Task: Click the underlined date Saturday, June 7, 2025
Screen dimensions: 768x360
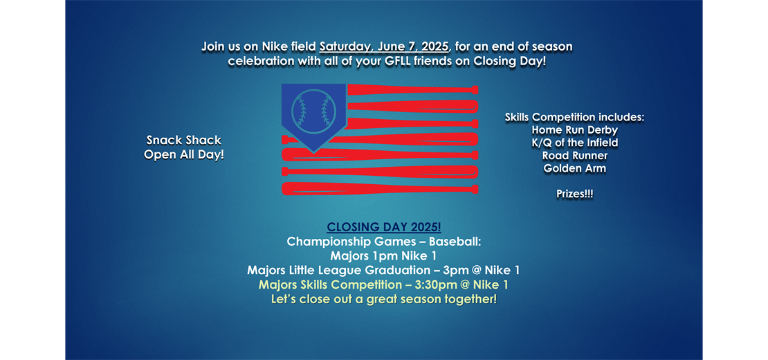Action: (384, 48)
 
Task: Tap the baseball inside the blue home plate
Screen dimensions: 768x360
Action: (313, 111)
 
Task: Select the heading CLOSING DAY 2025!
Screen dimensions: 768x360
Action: (384, 227)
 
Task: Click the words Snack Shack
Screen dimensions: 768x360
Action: (183, 141)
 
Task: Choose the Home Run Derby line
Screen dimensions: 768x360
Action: (574, 130)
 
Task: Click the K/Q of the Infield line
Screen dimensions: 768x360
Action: (574, 143)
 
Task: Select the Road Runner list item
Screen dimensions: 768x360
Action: (574, 156)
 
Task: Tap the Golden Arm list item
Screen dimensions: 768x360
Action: (574, 168)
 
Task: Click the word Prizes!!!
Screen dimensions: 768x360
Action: (574, 194)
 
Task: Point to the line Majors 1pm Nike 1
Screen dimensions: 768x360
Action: (384, 255)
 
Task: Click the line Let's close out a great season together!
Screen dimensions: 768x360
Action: (384, 299)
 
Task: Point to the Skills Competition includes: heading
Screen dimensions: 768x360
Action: (574, 118)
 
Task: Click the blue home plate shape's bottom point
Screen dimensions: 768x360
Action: (313, 152)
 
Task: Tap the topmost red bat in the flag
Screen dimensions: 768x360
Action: (412, 89)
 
